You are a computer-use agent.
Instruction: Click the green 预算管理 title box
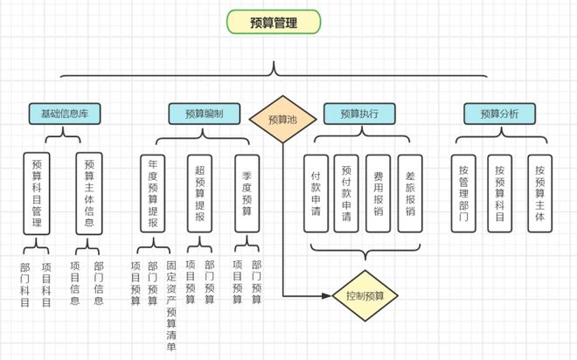(273, 23)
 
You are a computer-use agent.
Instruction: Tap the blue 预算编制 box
(204, 114)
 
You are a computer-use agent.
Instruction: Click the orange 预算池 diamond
(282, 119)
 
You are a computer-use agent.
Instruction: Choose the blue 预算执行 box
(358, 114)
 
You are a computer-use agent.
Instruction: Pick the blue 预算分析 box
(498, 114)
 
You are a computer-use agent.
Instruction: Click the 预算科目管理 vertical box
(37, 193)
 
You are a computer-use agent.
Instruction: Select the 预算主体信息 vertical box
(89, 193)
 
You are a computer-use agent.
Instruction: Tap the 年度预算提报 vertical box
(153, 193)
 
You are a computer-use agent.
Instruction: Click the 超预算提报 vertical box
(199, 193)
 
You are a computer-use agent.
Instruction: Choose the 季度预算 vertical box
(247, 193)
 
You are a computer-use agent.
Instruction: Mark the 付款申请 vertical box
(316, 193)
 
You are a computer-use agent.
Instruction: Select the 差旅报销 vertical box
(410, 193)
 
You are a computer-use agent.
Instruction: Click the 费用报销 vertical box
(379, 193)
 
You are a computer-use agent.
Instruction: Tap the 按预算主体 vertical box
(539, 193)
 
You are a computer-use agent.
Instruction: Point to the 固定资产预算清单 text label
(170, 306)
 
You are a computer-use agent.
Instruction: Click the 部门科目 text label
(24, 284)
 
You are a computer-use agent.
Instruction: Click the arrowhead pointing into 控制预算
(327, 295)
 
